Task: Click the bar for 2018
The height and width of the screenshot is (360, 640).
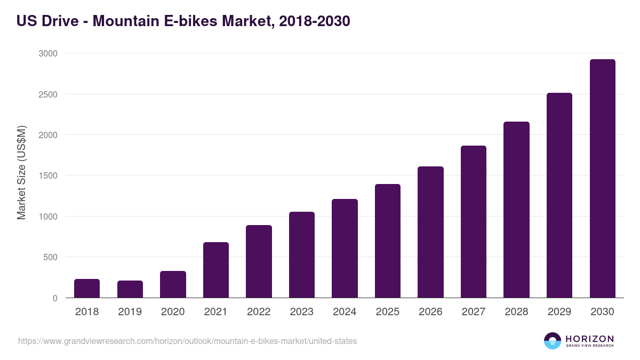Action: (87, 289)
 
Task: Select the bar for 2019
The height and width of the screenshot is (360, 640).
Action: (130, 289)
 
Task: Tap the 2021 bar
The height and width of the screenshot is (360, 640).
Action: (216, 270)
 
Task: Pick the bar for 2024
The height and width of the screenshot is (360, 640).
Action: (345, 249)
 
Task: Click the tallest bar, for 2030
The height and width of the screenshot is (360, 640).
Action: (602, 179)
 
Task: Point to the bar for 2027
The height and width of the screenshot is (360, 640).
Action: (474, 222)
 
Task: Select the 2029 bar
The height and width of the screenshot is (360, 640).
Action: (559, 195)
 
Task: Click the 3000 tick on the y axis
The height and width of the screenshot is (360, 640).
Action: (47, 53)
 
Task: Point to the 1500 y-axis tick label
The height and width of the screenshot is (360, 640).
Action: (47, 175)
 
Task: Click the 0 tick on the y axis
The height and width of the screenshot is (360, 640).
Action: (55, 298)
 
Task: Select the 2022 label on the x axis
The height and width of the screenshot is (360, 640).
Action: (259, 312)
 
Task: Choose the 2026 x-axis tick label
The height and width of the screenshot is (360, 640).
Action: (430, 312)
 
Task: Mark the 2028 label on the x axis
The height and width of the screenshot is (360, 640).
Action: (516, 312)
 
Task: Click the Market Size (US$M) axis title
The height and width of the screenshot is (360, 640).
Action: (21, 173)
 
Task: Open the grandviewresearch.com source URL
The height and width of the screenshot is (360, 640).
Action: (187, 341)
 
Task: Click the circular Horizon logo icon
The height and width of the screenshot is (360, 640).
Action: (552, 341)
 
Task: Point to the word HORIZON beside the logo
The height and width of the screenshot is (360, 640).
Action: (590, 339)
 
